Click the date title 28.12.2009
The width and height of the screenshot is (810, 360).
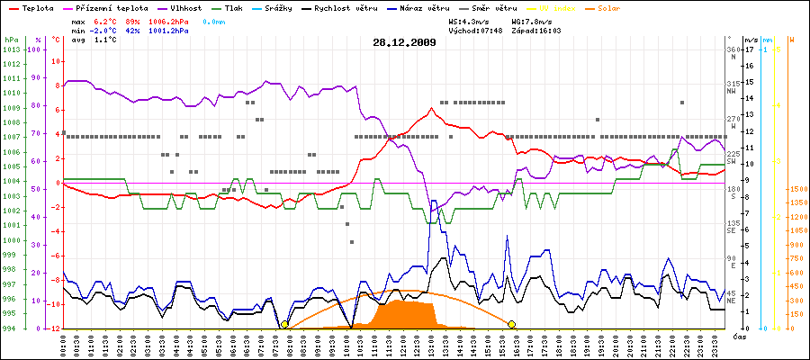pos(404,42)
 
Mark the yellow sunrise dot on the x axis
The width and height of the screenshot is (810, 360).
pos(284,324)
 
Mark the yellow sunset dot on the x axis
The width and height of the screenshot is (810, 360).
pos(512,324)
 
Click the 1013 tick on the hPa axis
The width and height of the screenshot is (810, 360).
pos(11,49)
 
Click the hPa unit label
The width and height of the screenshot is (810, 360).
pos(11,40)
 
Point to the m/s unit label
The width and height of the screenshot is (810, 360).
pos(751,40)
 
